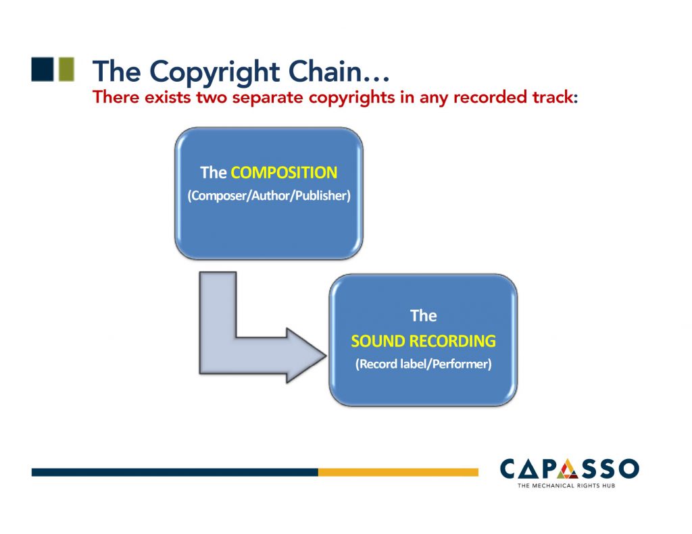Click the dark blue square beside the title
[42, 70]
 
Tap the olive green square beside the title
[66, 70]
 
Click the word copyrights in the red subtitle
[353, 97]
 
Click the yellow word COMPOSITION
[284, 173]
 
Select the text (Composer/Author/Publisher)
[269, 198]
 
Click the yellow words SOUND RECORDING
[423, 341]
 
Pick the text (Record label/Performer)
[423, 365]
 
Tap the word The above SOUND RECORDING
[423, 315]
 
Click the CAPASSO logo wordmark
[569, 469]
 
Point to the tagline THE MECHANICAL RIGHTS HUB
[569, 485]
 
